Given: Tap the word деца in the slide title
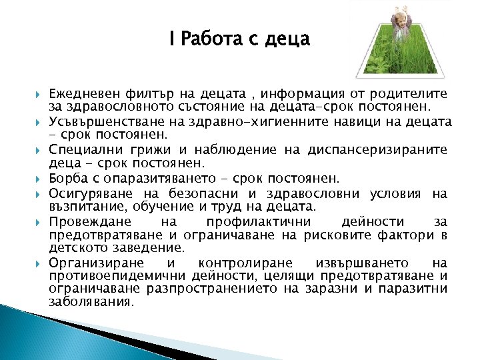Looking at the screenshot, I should [x=288, y=39].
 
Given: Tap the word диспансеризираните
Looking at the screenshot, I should [x=379, y=151].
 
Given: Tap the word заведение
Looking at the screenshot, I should [x=137, y=247].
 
